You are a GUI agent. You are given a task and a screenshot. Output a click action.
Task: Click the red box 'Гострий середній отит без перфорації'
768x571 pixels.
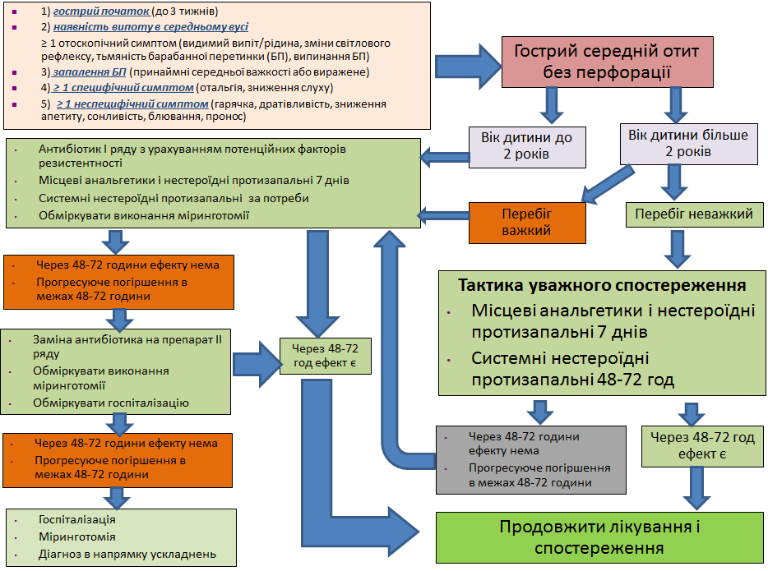(x=607, y=62)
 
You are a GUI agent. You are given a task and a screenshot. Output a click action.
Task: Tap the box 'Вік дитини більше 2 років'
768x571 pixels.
(x=676, y=143)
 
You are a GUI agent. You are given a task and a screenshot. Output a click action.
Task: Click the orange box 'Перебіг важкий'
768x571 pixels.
(x=526, y=222)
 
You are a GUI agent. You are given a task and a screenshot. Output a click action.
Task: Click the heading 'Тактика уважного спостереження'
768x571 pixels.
(x=602, y=286)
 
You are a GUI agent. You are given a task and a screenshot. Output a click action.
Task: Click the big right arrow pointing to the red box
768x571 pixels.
(x=465, y=64)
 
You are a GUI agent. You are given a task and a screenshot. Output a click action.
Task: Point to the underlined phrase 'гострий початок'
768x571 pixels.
(x=101, y=12)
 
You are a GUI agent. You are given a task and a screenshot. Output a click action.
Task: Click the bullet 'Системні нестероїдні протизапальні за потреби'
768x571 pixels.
(x=168, y=198)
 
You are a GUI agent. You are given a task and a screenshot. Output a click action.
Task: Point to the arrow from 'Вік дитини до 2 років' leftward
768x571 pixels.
(x=443, y=154)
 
